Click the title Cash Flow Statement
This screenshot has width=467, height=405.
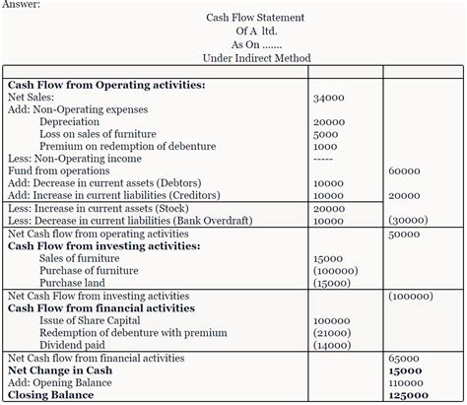(x=255, y=18)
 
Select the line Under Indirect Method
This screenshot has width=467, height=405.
(x=254, y=58)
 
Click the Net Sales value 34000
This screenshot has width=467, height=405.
(x=328, y=99)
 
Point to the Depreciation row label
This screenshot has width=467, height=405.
(x=68, y=122)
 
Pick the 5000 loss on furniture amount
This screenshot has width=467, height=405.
(x=325, y=135)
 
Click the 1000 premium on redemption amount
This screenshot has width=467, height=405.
(x=325, y=147)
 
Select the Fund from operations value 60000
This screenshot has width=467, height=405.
(x=404, y=171)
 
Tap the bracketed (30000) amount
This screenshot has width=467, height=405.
(x=408, y=221)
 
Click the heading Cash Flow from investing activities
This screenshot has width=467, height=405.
(x=98, y=246)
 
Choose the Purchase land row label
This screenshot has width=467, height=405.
(x=75, y=283)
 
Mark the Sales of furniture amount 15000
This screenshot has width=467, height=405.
(x=328, y=258)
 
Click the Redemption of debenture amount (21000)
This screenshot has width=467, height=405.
(x=331, y=332)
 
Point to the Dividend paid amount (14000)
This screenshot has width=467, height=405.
(x=331, y=345)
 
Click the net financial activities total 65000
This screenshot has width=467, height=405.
(x=404, y=359)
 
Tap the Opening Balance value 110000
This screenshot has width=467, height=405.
(x=407, y=382)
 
